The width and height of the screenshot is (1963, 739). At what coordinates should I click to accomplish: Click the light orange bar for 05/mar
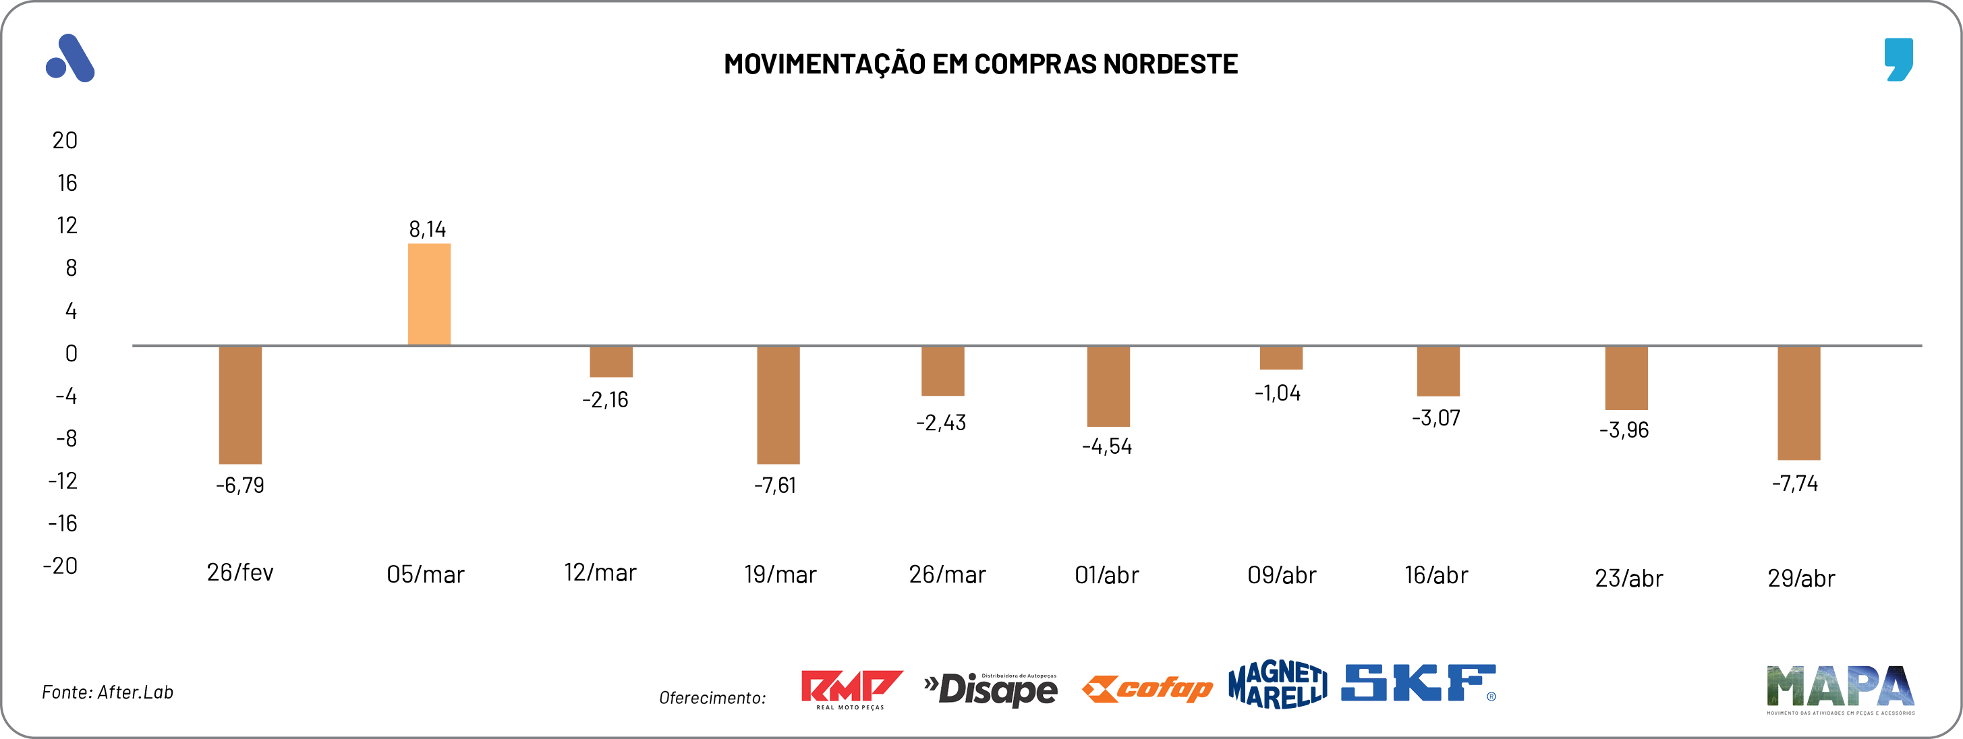429,294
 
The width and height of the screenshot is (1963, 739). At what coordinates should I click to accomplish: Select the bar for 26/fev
240,405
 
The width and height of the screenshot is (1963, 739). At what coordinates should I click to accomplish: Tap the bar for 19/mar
778,405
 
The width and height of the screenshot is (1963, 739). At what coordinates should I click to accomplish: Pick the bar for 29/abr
1798,403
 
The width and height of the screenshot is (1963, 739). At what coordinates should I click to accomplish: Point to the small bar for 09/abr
1281,358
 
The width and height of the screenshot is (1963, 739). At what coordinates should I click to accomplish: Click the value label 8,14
428,229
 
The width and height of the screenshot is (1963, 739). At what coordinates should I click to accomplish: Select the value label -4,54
1106,446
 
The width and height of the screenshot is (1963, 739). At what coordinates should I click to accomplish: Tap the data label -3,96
1623,430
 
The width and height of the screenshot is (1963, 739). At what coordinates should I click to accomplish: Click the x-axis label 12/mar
600,573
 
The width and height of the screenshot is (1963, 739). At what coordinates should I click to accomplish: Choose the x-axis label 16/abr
1435,575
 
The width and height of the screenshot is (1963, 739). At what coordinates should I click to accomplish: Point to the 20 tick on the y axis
65,140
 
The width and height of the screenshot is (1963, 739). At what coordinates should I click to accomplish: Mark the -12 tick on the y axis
63,481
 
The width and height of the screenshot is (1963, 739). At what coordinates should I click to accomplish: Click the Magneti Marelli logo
1277,684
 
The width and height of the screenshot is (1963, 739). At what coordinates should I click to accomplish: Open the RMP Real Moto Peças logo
851,688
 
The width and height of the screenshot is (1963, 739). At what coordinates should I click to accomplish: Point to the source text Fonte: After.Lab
107,692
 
